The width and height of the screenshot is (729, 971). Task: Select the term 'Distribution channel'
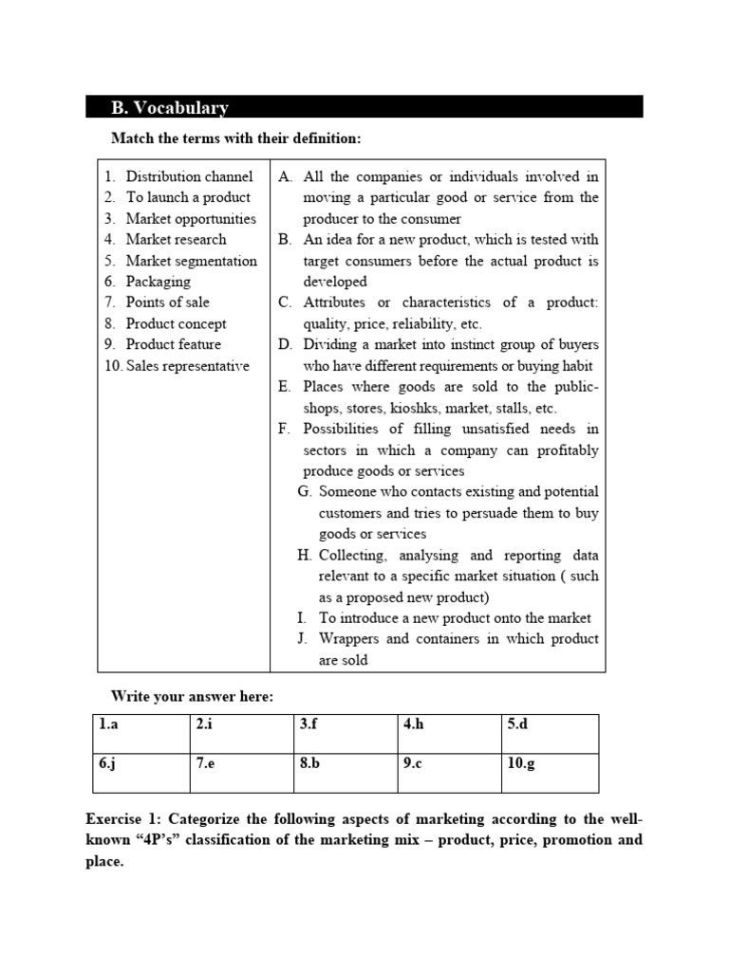(189, 176)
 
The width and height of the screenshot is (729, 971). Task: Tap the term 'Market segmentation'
(191, 261)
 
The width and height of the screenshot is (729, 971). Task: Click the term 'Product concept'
(176, 323)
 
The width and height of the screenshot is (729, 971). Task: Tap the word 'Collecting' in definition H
(352, 556)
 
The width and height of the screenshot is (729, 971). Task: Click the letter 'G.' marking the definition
(304, 492)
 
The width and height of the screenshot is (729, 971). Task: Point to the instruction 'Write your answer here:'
(192, 697)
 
